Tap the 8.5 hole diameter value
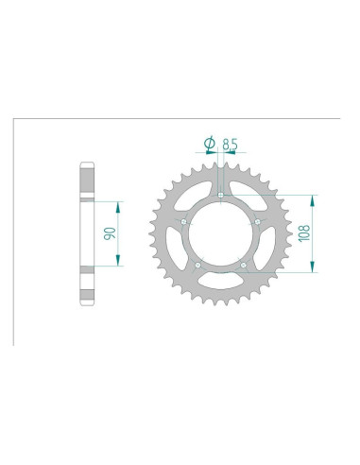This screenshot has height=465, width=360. [231, 144]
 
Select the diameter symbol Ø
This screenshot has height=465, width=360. [209, 144]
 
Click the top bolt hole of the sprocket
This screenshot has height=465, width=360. [220, 197]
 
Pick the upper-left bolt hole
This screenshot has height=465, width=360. [182, 222]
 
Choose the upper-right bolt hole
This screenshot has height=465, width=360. [257, 222]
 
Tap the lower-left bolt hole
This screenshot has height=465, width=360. [197, 266]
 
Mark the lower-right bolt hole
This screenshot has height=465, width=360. [243, 266]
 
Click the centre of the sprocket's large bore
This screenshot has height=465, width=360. [219, 236]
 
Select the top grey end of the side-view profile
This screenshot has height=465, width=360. [87, 181]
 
